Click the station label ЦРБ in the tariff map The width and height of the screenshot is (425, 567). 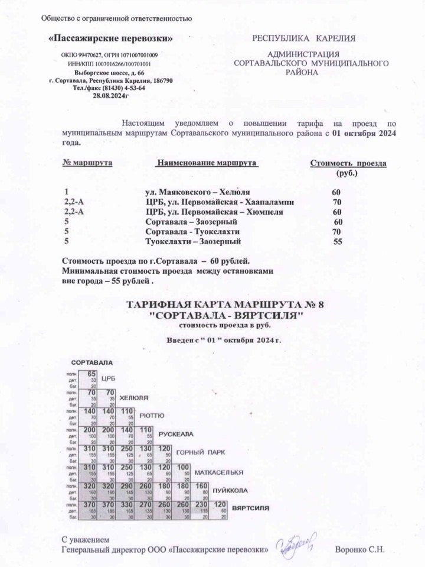click(108, 378)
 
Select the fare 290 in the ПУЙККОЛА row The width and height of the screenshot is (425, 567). click(126, 486)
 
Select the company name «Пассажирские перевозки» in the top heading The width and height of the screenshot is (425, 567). click(110, 39)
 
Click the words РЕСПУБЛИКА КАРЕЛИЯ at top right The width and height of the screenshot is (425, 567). click(304, 39)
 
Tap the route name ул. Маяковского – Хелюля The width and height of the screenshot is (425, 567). click(197, 193)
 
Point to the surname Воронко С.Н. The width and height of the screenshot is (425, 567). click(359, 549)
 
